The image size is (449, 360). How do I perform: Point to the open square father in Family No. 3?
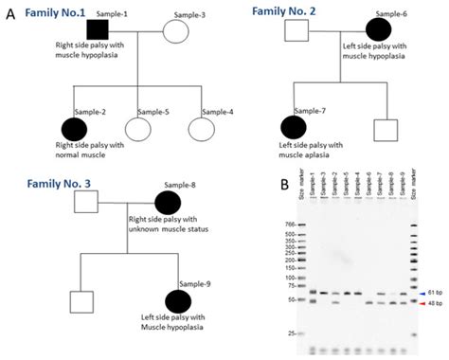tap(88, 203)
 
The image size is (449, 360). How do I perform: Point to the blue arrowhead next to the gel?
tap(420, 295)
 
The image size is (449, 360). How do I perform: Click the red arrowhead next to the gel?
tap(420, 304)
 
